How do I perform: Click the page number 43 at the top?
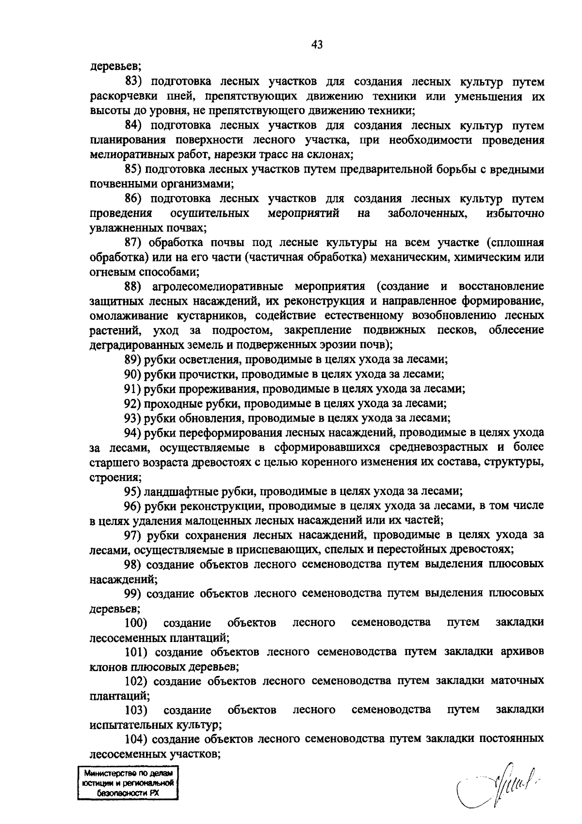317,45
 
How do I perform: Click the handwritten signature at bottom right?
490,781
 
